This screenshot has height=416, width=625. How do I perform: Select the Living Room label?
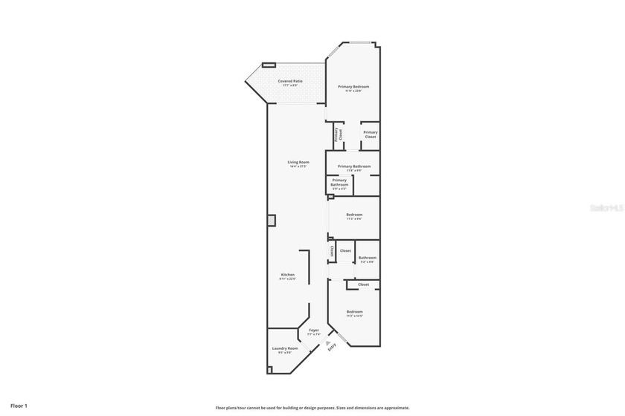[298, 163]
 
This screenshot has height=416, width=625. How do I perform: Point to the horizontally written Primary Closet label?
[370, 134]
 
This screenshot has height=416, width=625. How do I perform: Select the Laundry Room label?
[284, 350]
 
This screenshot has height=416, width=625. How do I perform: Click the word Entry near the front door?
[332, 345]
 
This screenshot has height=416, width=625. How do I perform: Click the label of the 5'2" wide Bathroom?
[367, 259]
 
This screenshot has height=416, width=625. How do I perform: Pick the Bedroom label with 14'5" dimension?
[354, 313]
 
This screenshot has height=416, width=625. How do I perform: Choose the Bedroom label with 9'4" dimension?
[354, 216]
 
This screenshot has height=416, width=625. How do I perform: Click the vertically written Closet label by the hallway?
[331, 253]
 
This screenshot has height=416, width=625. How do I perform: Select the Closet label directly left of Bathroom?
[345, 251]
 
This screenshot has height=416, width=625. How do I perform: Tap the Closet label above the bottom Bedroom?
[363, 285]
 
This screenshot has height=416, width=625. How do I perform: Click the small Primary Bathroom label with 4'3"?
[339, 183]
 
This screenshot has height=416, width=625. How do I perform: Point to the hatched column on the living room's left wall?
[272, 221]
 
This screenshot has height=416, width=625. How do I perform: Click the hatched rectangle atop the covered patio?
[269, 65]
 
